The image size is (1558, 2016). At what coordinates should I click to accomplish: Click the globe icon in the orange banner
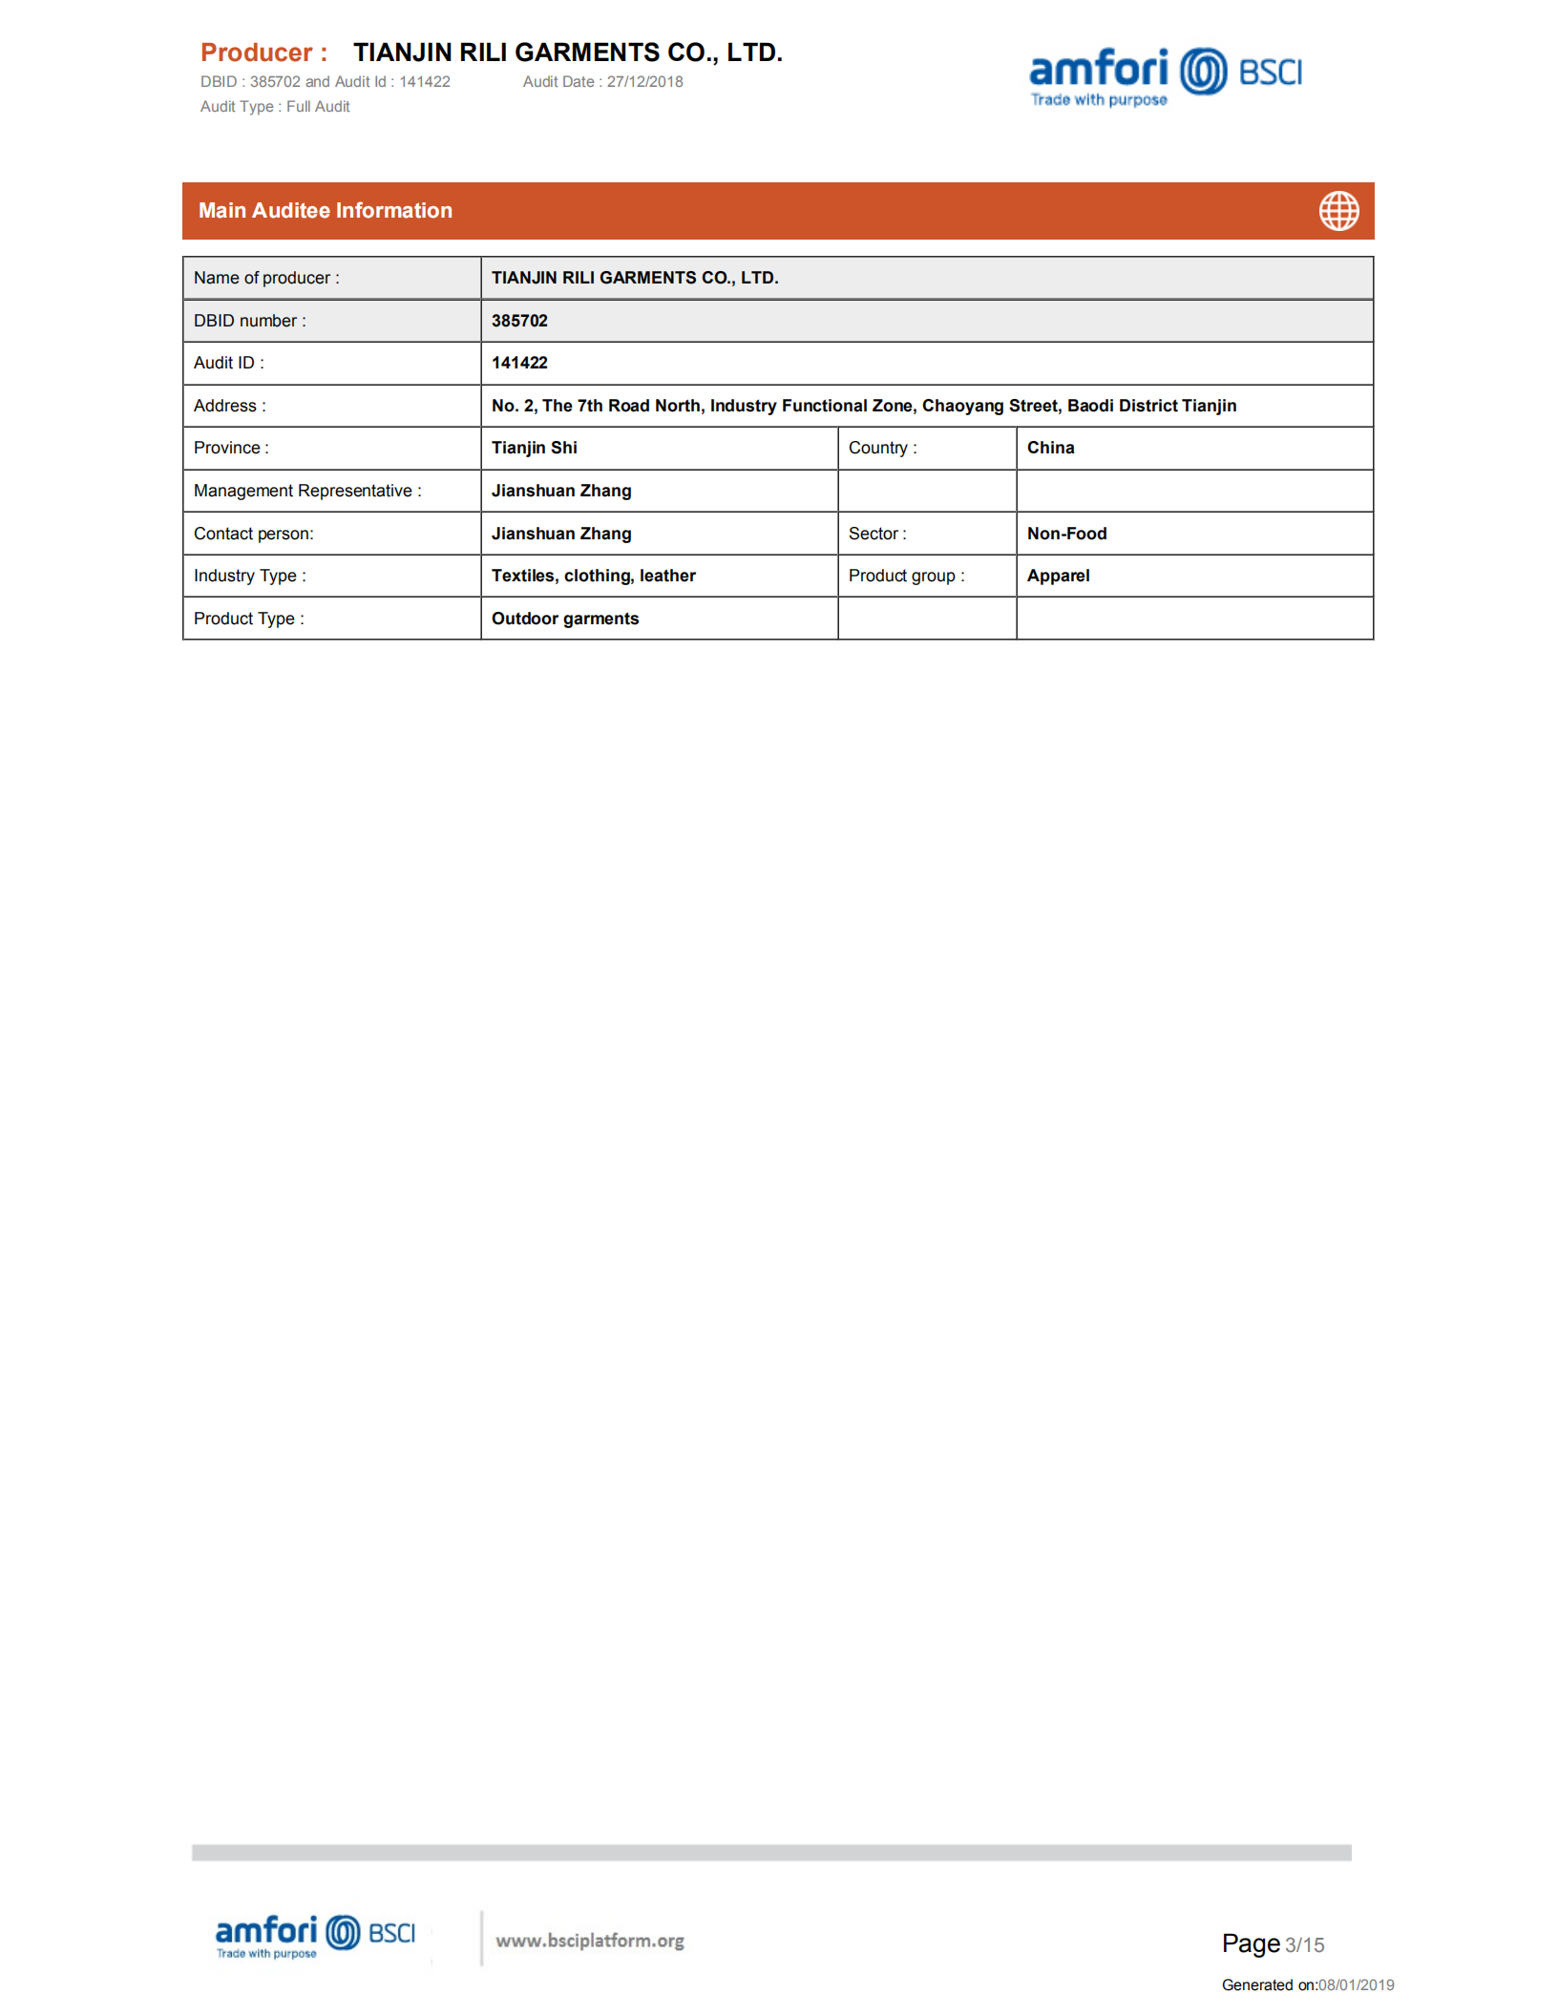[1338, 211]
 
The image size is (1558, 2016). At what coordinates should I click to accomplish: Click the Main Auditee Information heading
[325, 211]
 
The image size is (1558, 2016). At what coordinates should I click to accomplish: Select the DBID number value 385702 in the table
[519, 321]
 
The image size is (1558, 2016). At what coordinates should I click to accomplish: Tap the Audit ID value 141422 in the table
[519, 363]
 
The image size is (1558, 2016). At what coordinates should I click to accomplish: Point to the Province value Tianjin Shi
[534, 448]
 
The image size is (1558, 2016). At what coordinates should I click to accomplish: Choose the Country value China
[1050, 448]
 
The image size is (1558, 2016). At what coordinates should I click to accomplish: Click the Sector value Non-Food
[1066, 534]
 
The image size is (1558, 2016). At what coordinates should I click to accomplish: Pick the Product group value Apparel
[1058, 576]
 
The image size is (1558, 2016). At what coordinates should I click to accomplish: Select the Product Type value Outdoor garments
[564, 619]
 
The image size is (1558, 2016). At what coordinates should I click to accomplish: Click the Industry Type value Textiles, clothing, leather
[593, 576]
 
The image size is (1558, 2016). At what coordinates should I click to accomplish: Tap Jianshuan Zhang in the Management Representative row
[560, 491]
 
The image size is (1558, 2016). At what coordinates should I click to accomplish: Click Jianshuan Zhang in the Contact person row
[560, 534]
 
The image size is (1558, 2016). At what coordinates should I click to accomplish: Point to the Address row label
[229, 406]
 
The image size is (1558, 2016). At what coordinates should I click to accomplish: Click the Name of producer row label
[265, 278]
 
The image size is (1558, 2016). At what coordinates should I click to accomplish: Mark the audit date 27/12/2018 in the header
[644, 82]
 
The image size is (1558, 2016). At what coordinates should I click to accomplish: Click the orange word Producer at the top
[256, 52]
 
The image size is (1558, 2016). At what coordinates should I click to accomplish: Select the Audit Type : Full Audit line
[275, 107]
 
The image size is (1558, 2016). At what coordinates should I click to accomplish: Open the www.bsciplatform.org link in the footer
[589, 1941]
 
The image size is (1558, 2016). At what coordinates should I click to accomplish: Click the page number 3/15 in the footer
[1304, 1945]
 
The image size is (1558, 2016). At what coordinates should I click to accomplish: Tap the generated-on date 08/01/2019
[1356, 1985]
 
